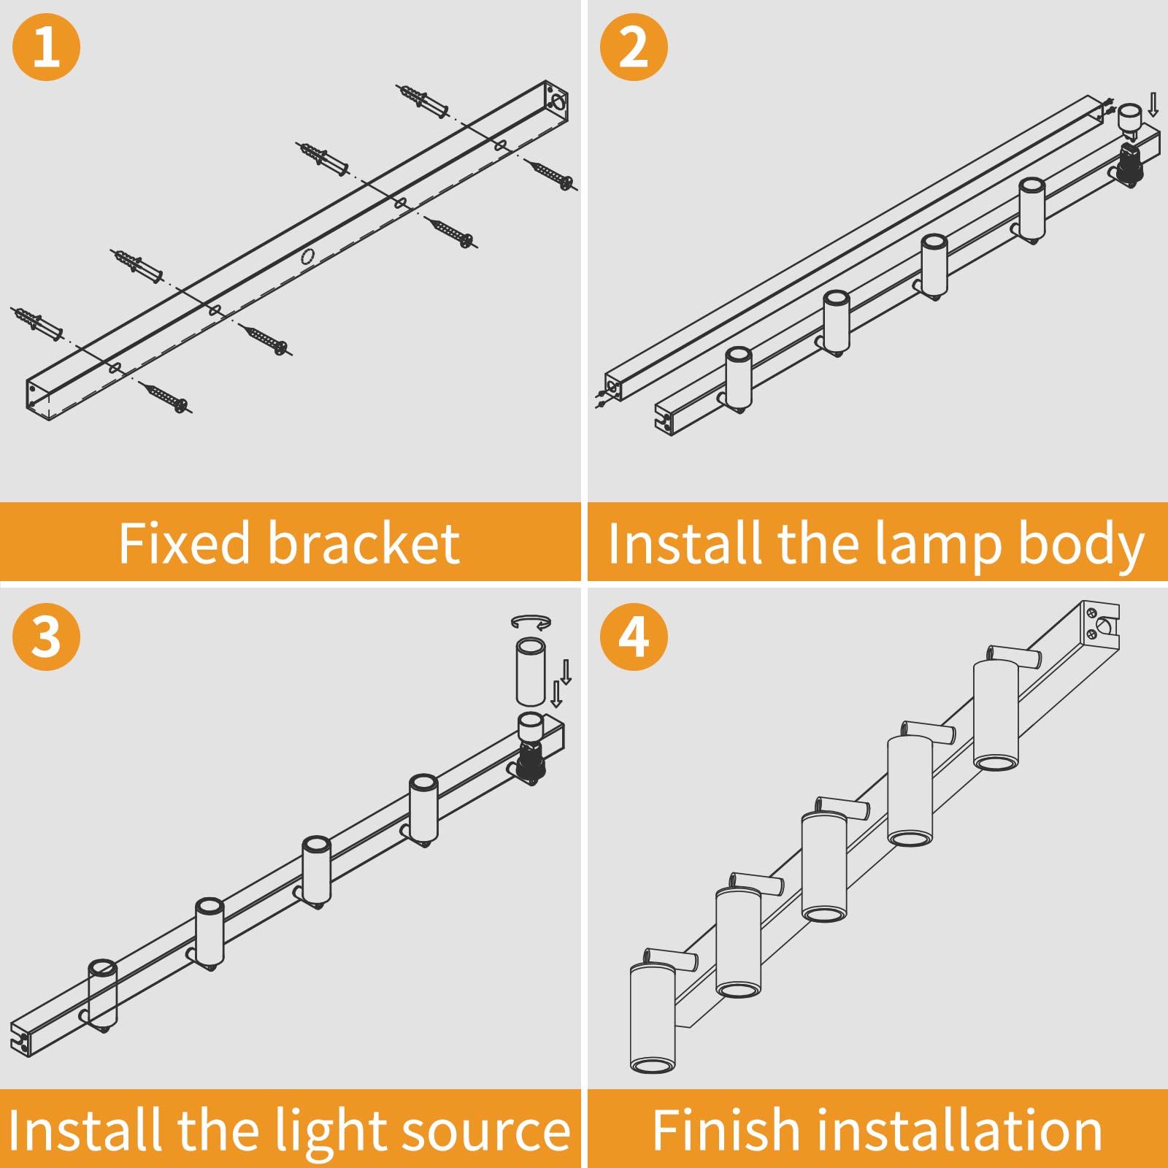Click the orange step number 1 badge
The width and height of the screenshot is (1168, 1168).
46,47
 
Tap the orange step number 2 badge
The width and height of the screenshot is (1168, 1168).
633,47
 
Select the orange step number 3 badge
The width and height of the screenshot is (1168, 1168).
46,637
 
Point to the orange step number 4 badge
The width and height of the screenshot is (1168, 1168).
633,637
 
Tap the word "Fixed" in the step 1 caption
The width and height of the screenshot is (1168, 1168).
185,544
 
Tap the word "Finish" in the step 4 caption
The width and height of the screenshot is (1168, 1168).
727,1130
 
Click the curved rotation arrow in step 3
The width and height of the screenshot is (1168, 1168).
531,622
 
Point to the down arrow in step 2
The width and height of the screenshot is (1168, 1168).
1153,104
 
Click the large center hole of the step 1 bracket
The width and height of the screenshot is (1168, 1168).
307,256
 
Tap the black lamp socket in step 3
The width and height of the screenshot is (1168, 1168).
531,762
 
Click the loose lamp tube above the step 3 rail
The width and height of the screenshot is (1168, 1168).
531,672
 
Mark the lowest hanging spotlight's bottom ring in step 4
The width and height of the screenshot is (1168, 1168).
653,1066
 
